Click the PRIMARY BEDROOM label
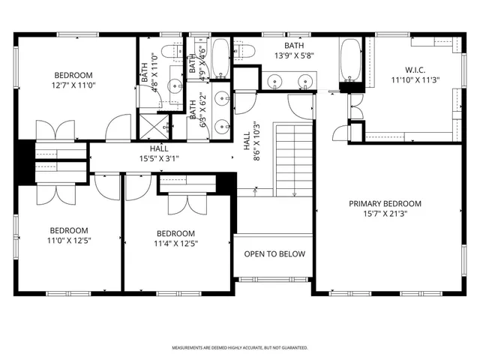[x=385, y=204]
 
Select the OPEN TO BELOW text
[x=274, y=254]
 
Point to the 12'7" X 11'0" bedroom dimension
[x=73, y=85]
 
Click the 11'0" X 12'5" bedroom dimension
[x=69, y=241]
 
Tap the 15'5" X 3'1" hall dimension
[x=158, y=159]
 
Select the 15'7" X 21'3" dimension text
[x=385, y=214]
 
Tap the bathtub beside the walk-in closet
[x=350, y=64]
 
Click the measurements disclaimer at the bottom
[x=239, y=348]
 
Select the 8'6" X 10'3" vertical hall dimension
[x=256, y=142]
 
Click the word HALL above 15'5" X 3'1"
[x=158, y=149]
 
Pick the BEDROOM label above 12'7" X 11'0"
[x=73, y=75]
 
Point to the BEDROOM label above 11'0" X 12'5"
[x=69, y=230]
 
